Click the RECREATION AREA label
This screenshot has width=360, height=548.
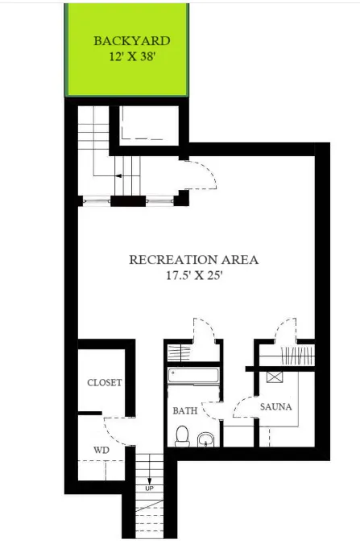coord(193,259)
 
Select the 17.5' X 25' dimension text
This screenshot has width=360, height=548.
coord(193,275)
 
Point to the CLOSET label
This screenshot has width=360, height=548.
coord(104,382)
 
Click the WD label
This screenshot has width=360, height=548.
coord(101,449)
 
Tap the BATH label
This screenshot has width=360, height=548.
coord(185,410)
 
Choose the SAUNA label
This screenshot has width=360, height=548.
coord(275,406)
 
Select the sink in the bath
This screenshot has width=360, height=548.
coord(206,439)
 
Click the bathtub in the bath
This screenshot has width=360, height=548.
coord(193,375)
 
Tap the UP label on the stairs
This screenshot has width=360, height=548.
coord(148,488)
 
